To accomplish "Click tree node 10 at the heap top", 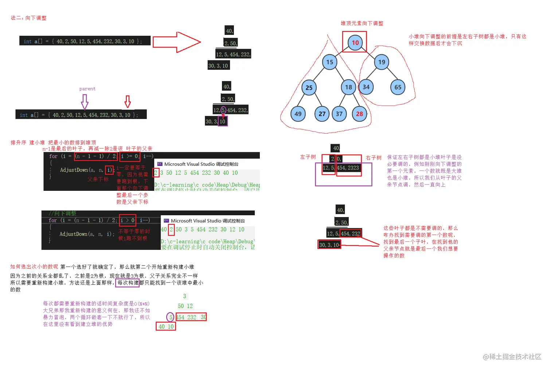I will point(355,42).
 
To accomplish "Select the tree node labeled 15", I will point(329,62).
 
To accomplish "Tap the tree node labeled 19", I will point(382,62).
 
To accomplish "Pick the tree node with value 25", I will point(309,87).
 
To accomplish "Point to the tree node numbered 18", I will point(348,87).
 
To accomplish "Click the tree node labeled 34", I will point(366,87).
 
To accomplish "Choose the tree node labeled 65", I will point(398,87).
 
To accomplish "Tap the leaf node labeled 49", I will point(298,114).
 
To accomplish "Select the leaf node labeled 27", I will point(322,114).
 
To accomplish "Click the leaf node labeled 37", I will point(339,114).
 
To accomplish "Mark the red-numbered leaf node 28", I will point(359,114).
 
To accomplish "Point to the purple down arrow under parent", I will point(85,102).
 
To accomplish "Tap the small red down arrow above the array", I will point(128,102).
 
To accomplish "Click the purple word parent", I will point(87,88).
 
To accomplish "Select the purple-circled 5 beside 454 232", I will point(170,317).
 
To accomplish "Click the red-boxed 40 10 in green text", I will point(166,327).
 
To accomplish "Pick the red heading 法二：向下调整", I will point(28,18).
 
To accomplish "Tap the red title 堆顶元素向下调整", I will point(362,23).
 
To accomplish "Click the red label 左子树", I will point(308,157).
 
